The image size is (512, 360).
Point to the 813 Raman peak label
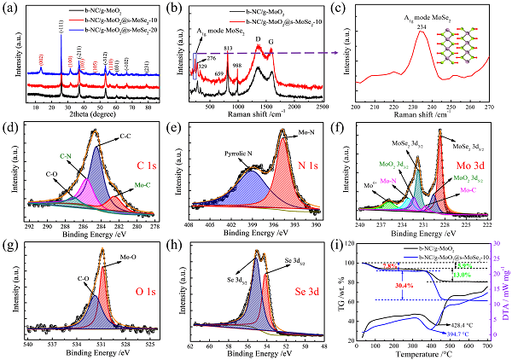tap(228, 49)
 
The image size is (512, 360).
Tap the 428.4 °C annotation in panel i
tap(463, 325)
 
